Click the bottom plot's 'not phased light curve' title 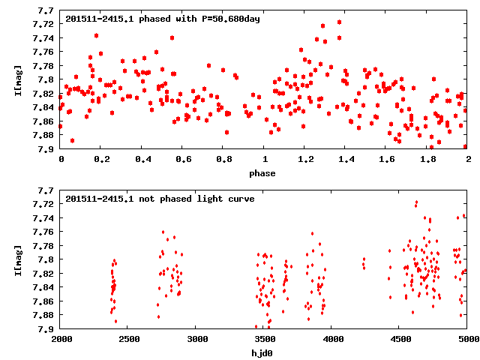[160, 199]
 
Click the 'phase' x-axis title [262, 173]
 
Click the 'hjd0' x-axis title [262, 353]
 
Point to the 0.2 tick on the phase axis [102, 160]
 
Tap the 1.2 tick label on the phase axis [305, 160]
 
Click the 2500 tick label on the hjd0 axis [129, 340]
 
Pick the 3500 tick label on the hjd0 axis [264, 340]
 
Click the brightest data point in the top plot [339, 22]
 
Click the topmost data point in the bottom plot [416, 202]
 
